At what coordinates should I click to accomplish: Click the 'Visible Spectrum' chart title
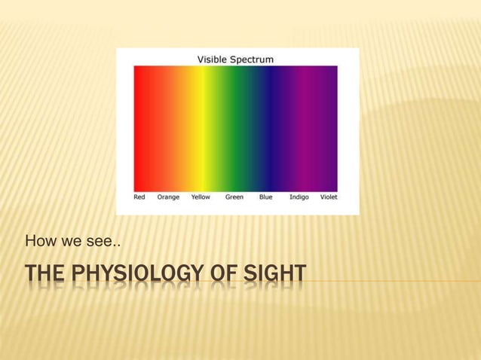[x=235, y=58]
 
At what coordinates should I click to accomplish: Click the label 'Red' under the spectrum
[x=139, y=197]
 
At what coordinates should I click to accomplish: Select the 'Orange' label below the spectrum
[x=168, y=197]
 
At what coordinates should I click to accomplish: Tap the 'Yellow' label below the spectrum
[x=201, y=197]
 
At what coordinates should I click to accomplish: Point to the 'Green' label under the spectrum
[x=234, y=197]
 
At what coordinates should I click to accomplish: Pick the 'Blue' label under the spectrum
[x=265, y=197]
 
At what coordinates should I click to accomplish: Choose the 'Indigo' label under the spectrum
[x=299, y=197]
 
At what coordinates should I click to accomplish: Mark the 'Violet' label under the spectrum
[x=329, y=197]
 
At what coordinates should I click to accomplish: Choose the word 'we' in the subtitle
[x=68, y=242]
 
